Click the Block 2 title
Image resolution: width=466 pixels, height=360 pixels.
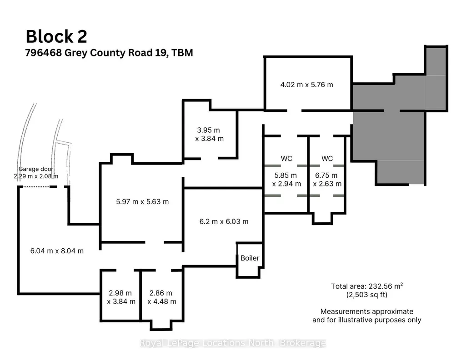click(56, 36)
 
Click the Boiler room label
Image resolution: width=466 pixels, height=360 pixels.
click(250, 258)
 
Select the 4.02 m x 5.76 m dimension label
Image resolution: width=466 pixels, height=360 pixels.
click(307, 85)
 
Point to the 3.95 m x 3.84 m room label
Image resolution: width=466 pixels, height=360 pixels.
click(209, 134)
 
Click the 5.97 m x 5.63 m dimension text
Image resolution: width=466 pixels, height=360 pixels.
click(142, 202)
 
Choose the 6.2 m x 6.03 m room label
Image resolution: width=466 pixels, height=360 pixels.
click(224, 221)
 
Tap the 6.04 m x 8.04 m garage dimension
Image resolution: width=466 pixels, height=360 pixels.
click(57, 251)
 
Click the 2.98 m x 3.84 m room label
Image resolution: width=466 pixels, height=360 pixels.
click(121, 297)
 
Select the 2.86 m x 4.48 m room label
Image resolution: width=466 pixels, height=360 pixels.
click(162, 297)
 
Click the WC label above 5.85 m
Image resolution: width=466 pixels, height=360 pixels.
click(286, 159)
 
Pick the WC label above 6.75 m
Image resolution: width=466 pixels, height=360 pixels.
click(327, 159)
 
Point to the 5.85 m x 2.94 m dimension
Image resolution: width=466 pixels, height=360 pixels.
click(286, 180)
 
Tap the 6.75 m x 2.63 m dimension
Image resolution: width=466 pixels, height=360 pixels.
click(327, 180)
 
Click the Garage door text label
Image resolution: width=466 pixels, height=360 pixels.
click(36, 169)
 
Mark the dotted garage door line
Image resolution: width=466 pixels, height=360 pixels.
click(36, 187)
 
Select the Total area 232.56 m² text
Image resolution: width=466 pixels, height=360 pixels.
click(367, 286)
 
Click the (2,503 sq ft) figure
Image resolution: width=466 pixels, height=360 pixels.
click(367, 295)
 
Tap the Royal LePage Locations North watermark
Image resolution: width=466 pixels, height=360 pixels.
click(233, 343)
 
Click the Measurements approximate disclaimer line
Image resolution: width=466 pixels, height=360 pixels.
click(367, 311)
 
